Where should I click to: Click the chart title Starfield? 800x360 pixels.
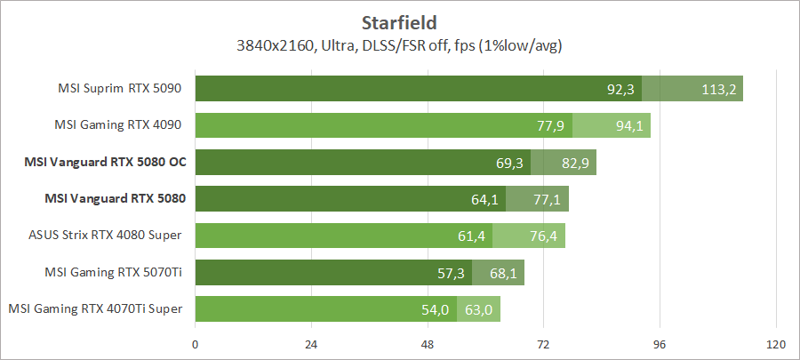coord(400,21)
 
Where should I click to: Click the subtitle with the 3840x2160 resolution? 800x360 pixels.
coord(400,44)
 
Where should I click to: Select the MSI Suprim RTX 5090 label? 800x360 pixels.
coord(120,88)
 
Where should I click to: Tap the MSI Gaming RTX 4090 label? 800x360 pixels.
coord(120,124)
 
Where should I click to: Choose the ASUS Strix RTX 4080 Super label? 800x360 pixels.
coord(106,235)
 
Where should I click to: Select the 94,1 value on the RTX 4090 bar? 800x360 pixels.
coord(628,125)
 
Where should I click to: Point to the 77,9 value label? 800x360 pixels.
coord(551,125)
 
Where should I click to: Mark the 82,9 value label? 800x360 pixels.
coord(574,163)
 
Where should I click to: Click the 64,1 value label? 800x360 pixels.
coord(484,199)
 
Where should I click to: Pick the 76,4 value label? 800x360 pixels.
coord(543,236)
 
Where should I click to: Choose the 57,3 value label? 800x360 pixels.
coord(452,272)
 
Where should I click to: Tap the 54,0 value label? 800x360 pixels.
coord(436,309)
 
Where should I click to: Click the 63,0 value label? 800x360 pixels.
coord(480,309)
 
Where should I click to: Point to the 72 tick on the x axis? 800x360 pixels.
coord(543,344)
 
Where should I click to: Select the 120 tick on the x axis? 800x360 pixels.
coord(775,344)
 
